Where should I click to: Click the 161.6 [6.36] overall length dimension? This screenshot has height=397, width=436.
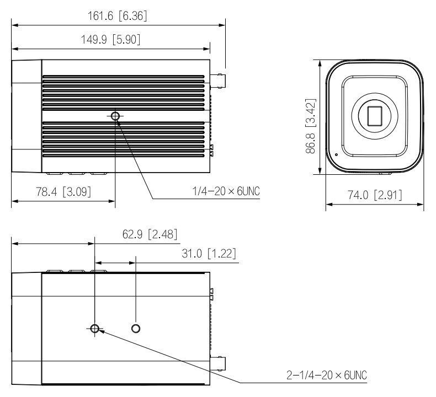tap(118, 17)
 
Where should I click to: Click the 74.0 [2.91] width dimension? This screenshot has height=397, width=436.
tap(375, 195)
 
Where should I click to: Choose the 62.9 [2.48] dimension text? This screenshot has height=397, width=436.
tap(150, 234)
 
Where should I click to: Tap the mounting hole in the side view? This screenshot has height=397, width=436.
tap(115, 116)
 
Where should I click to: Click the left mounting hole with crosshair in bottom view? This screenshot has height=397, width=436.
tap(95, 329)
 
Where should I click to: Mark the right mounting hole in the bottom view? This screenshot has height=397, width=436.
tap(136, 329)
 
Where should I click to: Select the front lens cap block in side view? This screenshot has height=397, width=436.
tap(26, 116)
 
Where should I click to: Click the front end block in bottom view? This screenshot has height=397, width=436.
tap(26, 329)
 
